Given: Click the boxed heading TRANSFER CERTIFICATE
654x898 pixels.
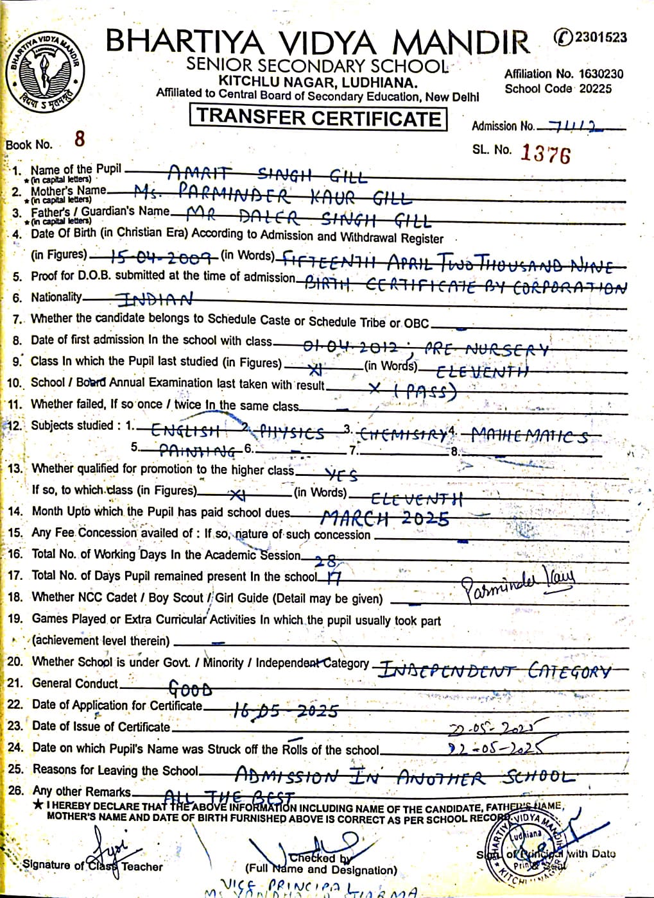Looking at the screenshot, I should pyautogui.click(x=318, y=117).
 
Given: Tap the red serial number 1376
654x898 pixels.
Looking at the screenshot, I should pyautogui.click(x=545, y=153).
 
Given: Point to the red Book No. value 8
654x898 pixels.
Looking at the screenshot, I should pyautogui.click(x=80, y=139).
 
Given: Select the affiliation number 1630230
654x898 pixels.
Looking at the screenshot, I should pyautogui.click(x=600, y=74).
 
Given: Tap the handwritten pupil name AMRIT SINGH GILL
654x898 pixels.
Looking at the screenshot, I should pyautogui.click(x=267, y=174).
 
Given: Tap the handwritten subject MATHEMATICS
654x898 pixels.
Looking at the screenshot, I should pyautogui.click(x=529, y=436).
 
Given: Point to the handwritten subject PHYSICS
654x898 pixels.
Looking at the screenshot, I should pyautogui.click(x=291, y=433).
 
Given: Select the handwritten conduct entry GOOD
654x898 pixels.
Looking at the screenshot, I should pyautogui.click(x=190, y=690).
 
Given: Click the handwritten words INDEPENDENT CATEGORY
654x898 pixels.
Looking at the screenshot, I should pyautogui.click(x=494, y=671).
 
